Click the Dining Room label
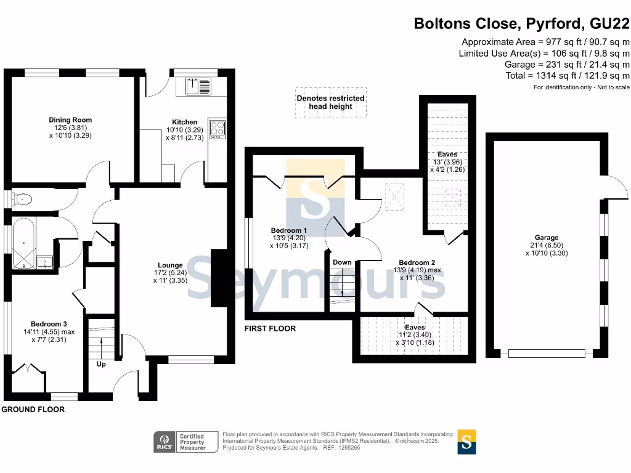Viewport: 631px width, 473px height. click(70, 120)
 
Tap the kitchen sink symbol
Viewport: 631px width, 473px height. click(198, 86)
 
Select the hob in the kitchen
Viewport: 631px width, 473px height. click(218, 129)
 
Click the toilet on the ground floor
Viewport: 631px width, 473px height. click(22, 199)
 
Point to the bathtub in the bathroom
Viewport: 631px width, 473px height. click(24, 243)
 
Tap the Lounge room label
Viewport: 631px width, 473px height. click(170, 265)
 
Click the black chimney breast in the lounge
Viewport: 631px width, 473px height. click(219, 278)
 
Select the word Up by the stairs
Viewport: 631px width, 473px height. click(101, 364)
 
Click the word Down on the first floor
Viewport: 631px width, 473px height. click(342, 262)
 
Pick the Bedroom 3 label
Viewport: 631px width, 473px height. click(49, 324)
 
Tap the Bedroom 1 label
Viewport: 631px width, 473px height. click(289, 230)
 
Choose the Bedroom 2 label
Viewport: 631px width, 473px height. click(417, 262)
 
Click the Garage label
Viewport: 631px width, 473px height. click(547, 238)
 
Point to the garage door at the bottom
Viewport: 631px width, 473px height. click(547, 354)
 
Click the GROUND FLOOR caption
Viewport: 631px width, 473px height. click(33, 410)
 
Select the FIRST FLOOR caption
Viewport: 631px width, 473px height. click(270, 329)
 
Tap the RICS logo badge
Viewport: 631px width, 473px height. click(164, 442)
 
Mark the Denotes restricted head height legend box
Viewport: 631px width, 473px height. click(331, 103)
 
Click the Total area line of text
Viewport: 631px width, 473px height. click(568, 76)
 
